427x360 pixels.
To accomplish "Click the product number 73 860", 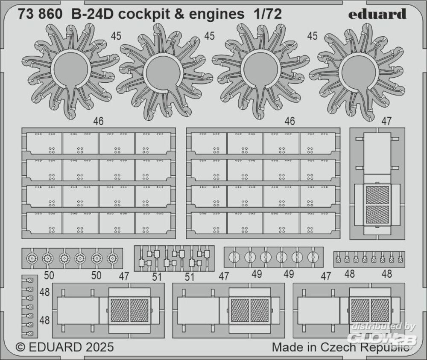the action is pos(40,14).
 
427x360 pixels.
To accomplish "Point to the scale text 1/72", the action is pos(268,14).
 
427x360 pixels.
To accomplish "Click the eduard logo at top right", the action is pos(377,14).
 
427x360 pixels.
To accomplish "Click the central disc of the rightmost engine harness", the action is pos(359,73).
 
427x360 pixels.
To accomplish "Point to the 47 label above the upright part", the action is pos(386,122).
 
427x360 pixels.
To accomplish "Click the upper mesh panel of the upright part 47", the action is pos(377,195).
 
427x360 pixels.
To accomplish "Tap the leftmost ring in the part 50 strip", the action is pos(32,257).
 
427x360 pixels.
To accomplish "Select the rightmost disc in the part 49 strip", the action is pos(313,257).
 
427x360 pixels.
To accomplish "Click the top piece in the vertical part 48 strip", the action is pos(29,280).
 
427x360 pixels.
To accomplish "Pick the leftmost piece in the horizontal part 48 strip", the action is pos(338,259).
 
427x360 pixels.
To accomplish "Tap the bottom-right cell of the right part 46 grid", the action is pos(318,223).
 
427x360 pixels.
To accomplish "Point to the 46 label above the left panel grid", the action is pos(98,122).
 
